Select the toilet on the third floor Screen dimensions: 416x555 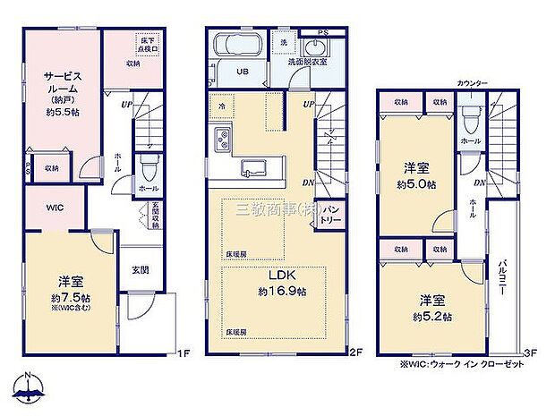(x=470, y=118)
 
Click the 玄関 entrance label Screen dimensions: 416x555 (x=141, y=269)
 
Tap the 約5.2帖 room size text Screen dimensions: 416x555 (x=432, y=317)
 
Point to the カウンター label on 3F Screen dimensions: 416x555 (x=473, y=82)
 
